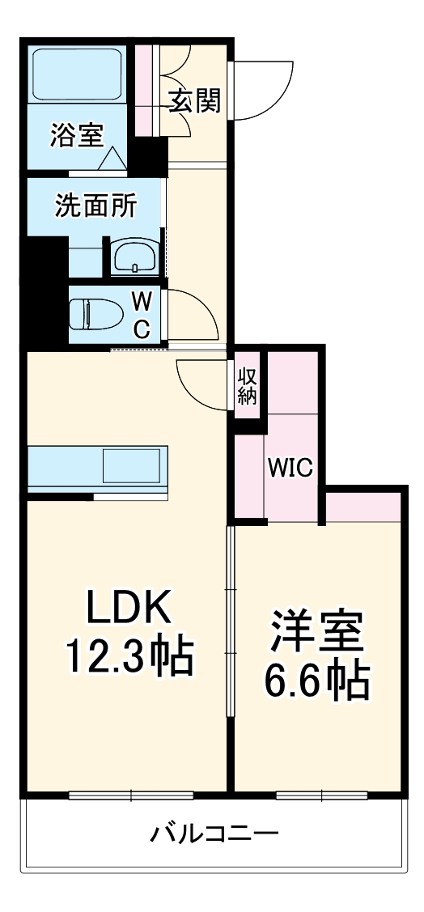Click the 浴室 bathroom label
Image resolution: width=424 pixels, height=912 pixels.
tap(77, 136)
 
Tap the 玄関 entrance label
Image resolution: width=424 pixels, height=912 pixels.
tap(195, 103)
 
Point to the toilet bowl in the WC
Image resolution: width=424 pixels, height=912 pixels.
tap(91, 314)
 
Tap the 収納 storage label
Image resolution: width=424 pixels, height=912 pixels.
tap(247, 386)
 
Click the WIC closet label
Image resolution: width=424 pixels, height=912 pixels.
tap(290, 468)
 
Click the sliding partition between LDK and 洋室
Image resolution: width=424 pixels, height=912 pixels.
tap(231, 619)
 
